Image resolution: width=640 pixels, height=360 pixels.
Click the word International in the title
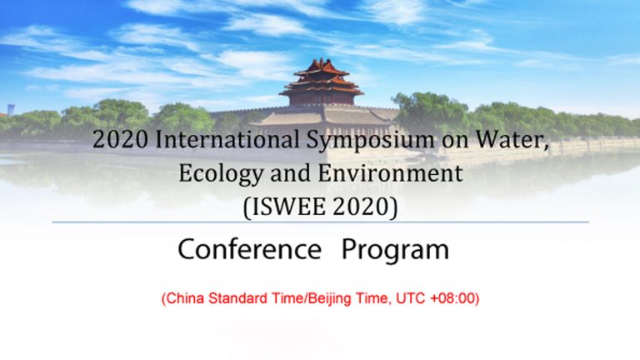[x=227, y=139]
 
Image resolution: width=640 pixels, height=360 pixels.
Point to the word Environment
[x=390, y=172]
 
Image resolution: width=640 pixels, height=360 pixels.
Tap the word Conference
[x=249, y=248]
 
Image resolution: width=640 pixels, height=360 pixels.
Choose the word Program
[x=395, y=250]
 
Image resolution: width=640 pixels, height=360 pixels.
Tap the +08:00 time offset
[x=452, y=298]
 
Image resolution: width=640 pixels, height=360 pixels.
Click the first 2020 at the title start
[x=120, y=140]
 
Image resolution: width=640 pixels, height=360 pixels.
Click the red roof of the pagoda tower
[x=322, y=77]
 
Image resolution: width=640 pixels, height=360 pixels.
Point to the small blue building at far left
[x=11, y=109]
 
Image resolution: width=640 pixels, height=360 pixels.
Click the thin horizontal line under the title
[x=320, y=222]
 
